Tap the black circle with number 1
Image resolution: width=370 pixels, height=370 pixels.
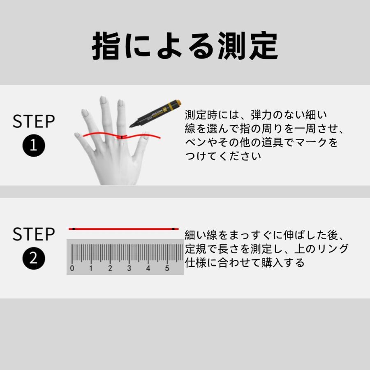(x=33, y=146)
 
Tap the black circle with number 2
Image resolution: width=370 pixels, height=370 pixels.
(x=33, y=259)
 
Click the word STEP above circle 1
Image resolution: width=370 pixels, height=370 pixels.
(x=33, y=122)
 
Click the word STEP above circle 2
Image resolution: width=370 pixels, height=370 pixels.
(x=33, y=234)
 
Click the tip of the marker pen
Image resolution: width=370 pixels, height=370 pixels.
(x=131, y=125)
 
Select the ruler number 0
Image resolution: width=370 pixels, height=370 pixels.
(x=72, y=268)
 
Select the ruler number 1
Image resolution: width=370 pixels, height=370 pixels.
(x=91, y=268)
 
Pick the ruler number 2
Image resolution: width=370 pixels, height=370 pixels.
(x=110, y=268)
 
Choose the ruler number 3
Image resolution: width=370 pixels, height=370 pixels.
(x=129, y=268)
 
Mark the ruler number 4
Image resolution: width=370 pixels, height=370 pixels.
(x=148, y=268)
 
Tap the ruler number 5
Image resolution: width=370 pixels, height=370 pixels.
(x=167, y=268)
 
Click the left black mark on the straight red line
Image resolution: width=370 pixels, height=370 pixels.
(x=73, y=229)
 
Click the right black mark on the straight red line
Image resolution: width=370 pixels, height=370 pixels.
(x=174, y=229)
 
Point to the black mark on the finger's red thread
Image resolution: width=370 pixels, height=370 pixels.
(x=122, y=136)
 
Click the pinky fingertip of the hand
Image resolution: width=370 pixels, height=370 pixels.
(x=77, y=134)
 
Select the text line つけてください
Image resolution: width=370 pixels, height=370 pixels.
(x=223, y=157)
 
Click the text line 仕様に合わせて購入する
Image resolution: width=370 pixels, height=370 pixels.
(x=245, y=262)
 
